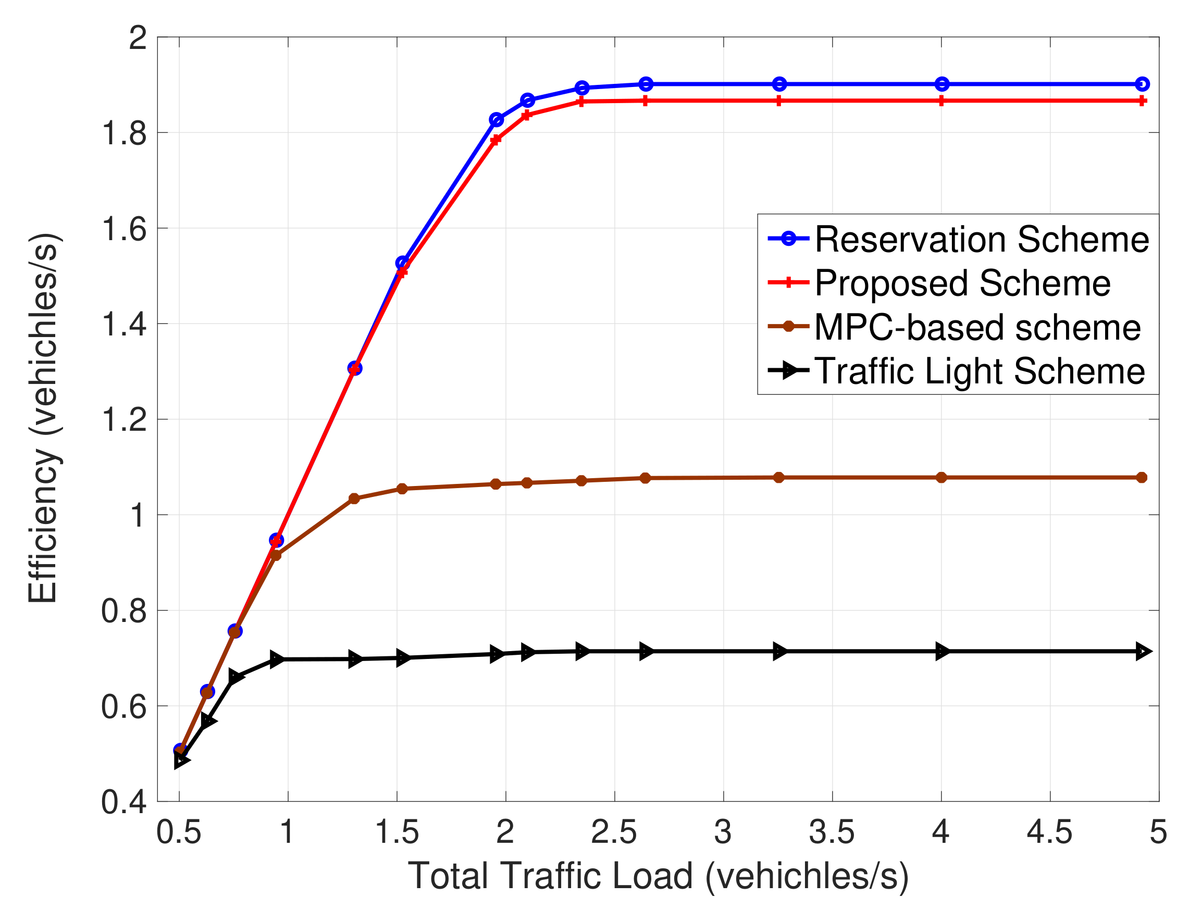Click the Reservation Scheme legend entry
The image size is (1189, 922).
pos(981,240)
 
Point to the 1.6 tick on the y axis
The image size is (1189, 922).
pos(123,229)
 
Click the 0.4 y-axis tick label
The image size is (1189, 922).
pos(123,802)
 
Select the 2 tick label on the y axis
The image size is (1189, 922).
pos(137,38)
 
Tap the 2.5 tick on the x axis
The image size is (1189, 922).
pos(614,832)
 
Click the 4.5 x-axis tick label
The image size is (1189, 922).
pos(1049,832)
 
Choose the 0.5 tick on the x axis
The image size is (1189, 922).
pos(179,832)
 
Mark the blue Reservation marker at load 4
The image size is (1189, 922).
pos(942,84)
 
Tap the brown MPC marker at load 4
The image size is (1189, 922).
pos(942,477)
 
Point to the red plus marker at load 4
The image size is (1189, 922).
pos(942,101)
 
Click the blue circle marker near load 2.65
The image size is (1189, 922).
pos(645,84)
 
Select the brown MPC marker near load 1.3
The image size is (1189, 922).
pos(354,499)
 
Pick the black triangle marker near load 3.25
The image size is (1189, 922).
pos(779,652)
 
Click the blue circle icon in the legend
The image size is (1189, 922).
pos(789,239)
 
